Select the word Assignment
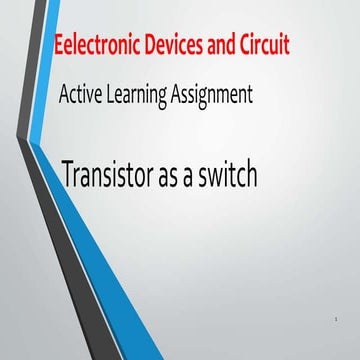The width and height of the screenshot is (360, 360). tap(217, 97)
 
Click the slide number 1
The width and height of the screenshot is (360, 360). tap(339, 318)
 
